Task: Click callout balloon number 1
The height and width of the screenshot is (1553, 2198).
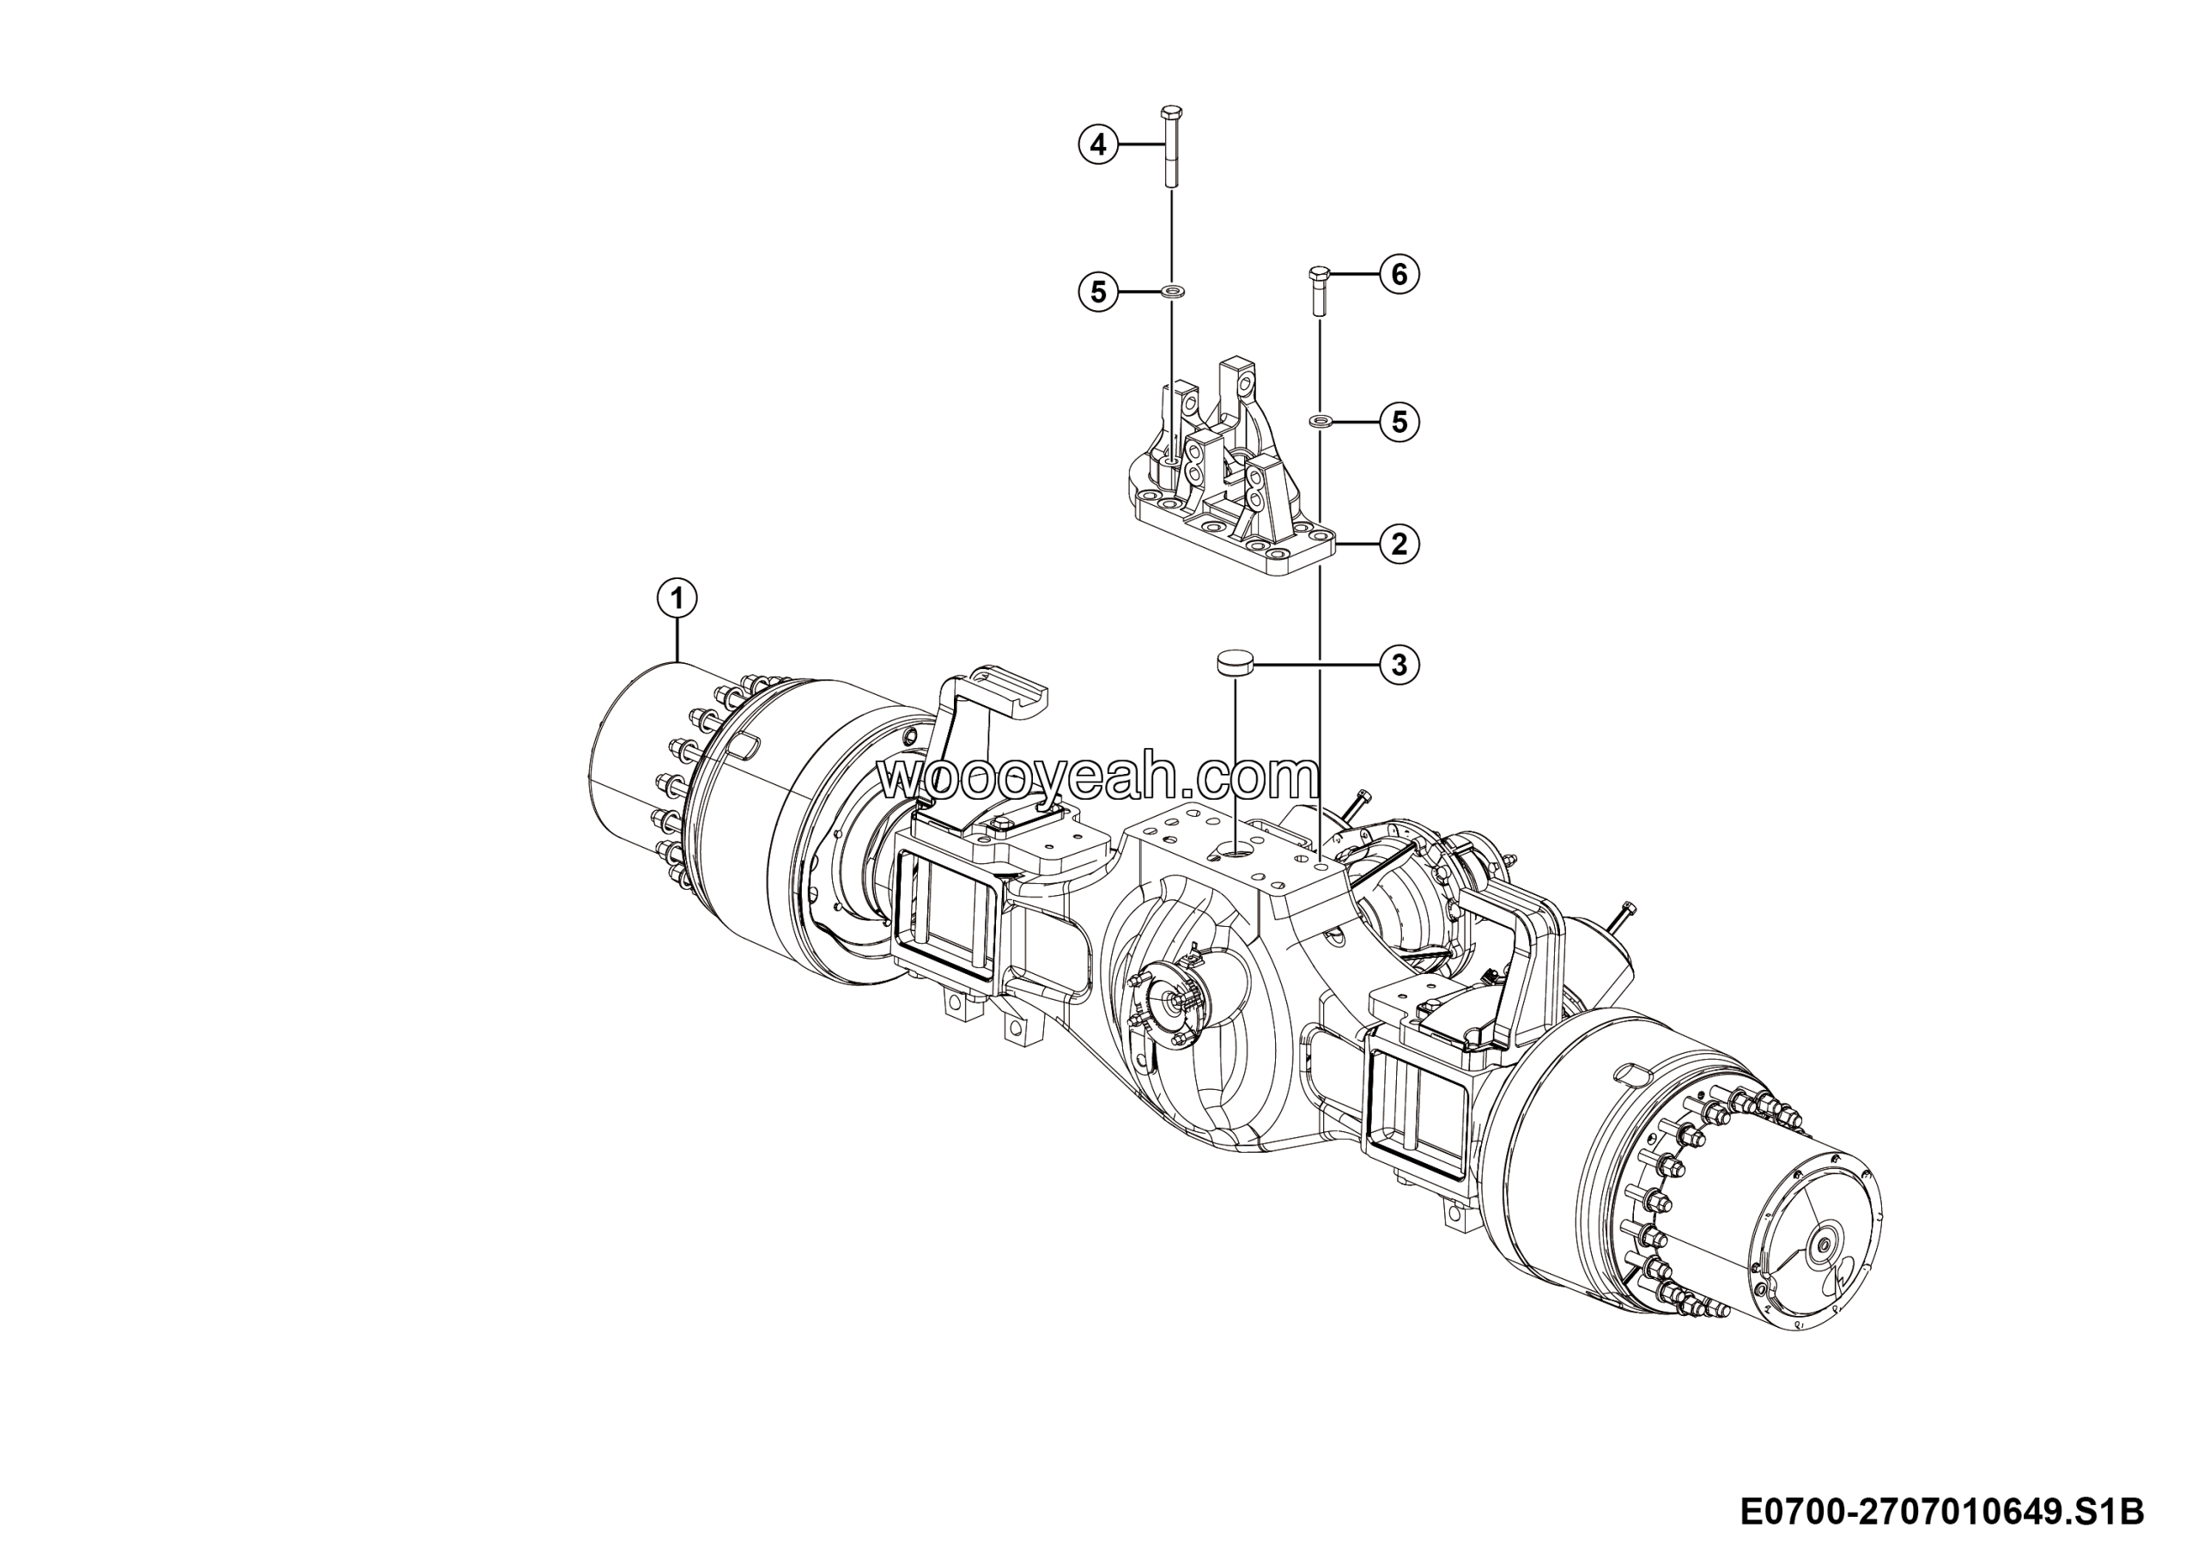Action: [x=677, y=599]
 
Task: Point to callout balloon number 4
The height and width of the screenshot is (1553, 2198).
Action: [x=1098, y=144]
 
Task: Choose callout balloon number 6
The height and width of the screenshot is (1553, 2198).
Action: [x=1400, y=275]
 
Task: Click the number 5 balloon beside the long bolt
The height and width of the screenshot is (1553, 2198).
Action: [x=1098, y=291]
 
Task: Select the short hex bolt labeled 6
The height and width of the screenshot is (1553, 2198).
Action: [x=1318, y=291]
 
